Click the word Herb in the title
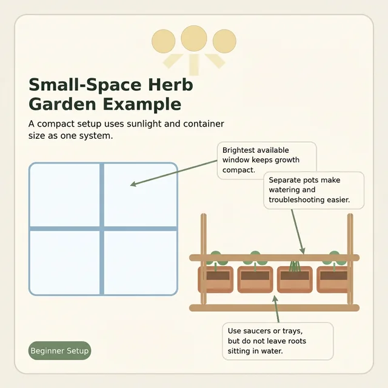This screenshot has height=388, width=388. (x=167, y=84)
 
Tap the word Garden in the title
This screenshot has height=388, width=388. (x=62, y=104)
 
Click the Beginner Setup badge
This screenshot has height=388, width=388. (x=60, y=351)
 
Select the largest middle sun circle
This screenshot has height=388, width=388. (x=194, y=39)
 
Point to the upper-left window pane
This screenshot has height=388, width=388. (x=65, y=195)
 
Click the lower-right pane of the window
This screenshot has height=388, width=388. (x=141, y=262)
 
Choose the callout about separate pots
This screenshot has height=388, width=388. (x=313, y=190)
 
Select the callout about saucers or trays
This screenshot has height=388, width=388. (x=278, y=341)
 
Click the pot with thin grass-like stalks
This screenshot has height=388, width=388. (x=295, y=279)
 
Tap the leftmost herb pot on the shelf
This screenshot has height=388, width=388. (x=216, y=279)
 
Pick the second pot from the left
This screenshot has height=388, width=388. (x=255, y=279)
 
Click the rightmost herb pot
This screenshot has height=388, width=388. (x=333, y=279)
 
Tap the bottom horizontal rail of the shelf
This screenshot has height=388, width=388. (x=274, y=308)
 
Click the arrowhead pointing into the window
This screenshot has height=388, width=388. (x=133, y=184)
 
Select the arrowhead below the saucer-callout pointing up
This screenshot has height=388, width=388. (x=276, y=298)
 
